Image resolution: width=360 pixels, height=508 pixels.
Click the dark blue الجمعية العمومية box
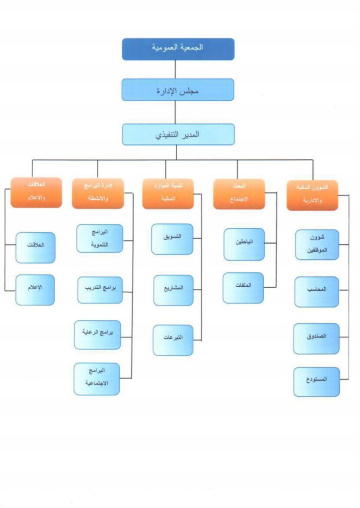point(178,49)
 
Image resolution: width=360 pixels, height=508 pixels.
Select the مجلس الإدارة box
point(178,90)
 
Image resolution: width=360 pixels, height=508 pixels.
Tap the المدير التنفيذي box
point(178,134)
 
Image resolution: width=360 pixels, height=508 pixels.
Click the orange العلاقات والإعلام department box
point(36,192)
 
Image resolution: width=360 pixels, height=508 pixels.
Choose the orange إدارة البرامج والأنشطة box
point(97,193)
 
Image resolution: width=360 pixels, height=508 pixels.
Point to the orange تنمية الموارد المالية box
point(167,193)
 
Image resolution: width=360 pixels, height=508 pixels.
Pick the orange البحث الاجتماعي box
point(239,194)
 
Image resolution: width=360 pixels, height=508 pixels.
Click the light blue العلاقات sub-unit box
point(35,248)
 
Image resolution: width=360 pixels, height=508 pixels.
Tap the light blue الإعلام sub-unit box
point(35,290)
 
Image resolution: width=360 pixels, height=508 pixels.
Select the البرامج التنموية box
point(100,238)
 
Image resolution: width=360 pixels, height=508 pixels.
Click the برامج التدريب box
point(100,290)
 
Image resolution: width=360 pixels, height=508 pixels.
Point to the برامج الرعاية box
point(98,335)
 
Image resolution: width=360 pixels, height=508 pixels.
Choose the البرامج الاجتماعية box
point(96,379)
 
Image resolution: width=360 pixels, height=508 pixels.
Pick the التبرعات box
point(173,340)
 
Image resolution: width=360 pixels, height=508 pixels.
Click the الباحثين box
point(244,244)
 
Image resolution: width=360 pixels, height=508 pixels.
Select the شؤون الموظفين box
point(317,244)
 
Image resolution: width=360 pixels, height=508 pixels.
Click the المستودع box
point(316,381)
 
